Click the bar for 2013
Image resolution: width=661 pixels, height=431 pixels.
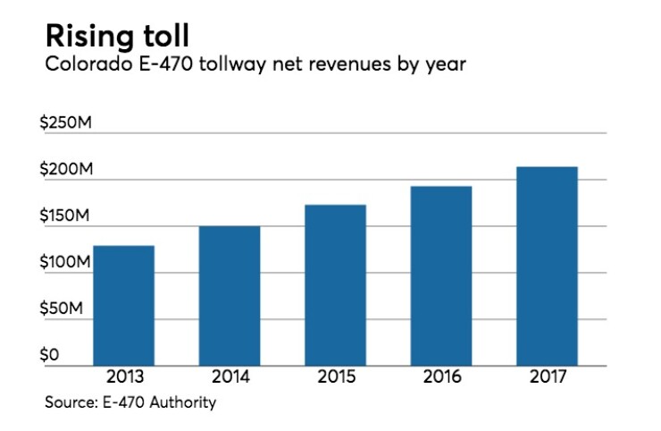tap(123, 305)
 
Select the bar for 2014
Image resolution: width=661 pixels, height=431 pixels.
tap(230, 295)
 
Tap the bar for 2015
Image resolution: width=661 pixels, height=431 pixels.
tap(335, 284)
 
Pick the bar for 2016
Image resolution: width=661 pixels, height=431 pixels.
tap(441, 275)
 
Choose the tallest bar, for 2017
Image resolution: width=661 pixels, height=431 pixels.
tap(547, 266)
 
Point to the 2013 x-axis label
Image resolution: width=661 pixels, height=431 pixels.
tap(123, 376)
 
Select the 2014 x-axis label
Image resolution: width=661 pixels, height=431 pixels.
tap(230, 376)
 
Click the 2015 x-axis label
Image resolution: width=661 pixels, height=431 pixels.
tap(335, 376)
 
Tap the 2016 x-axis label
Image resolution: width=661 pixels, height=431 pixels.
tap(441, 376)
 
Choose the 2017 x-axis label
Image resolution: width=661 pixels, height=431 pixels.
tap(547, 376)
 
